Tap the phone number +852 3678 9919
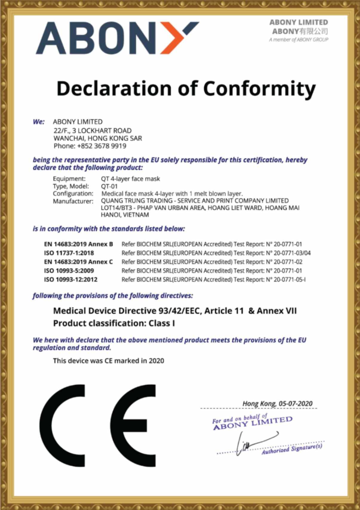coord(102,146)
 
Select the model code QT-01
coord(109,186)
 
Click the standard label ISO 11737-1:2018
coord(69,253)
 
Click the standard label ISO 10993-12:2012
coord(71,280)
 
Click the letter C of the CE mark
coord(63,425)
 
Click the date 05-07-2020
coord(295,404)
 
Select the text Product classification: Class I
coord(114,323)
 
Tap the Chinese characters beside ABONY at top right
coord(314,31)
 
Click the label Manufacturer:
coord(73,201)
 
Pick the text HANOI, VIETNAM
coord(125,215)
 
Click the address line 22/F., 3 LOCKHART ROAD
coord(93,131)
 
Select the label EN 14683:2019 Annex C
coord(79,262)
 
